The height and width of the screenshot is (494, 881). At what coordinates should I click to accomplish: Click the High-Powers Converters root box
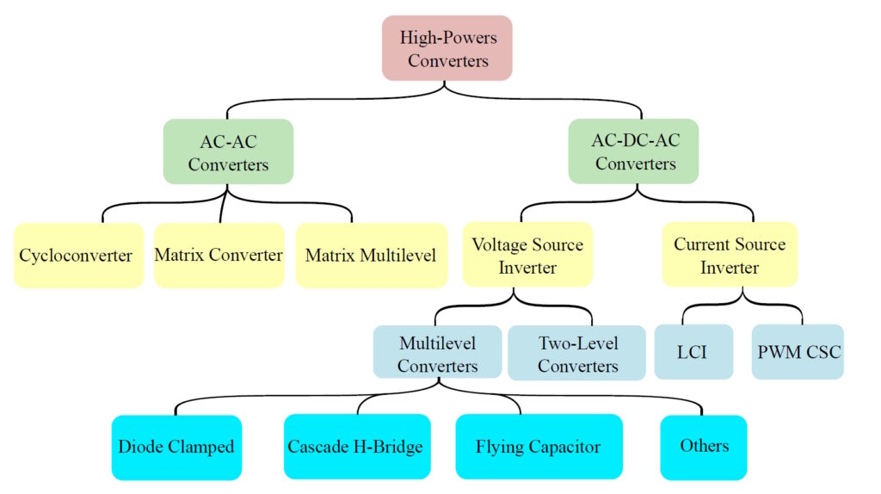pos(447,48)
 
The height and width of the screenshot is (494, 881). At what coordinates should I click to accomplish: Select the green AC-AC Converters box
pos(228,151)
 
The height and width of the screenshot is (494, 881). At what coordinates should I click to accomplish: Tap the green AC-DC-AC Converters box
pos(634,151)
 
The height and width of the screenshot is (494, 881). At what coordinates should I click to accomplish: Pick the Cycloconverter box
pos(77,256)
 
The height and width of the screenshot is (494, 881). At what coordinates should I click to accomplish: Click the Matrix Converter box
pos(219,256)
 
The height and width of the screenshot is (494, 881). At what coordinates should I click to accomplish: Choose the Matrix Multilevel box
pos(371,256)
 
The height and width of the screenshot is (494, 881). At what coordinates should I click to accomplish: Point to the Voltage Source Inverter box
pos(527,256)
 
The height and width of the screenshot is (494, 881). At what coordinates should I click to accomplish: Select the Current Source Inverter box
pos(730,256)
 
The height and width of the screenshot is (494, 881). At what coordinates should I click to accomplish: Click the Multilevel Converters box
pos(437,354)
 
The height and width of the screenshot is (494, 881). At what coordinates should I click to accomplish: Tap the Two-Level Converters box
pos(577,354)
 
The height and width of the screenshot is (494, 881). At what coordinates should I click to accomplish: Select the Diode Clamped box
pos(176,447)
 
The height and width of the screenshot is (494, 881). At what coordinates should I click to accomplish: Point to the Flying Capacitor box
pos(539,447)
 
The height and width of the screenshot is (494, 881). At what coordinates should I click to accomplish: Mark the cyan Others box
pos(704,447)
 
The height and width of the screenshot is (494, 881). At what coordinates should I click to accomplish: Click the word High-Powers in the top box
pos(448,37)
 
